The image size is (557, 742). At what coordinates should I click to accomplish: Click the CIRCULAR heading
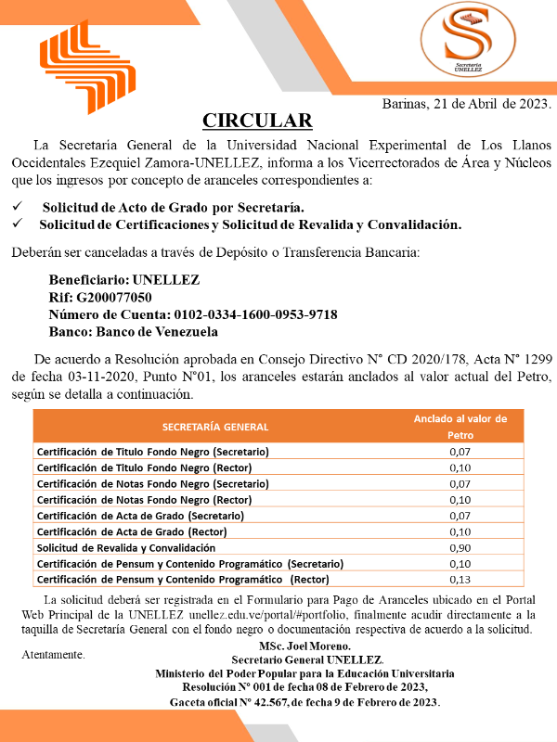click(257, 121)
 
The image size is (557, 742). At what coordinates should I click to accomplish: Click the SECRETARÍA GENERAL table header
click(214, 427)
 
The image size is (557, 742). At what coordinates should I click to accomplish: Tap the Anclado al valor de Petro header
click(460, 427)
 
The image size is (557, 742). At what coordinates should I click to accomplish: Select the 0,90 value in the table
click(460, 547)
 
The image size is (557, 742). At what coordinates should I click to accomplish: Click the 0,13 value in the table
click(460, 580)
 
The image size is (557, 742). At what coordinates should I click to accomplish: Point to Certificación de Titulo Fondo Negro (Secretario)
click(152, 451)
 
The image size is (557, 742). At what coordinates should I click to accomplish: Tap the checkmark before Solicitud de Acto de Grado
click(17, 207)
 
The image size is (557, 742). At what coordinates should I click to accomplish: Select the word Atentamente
click(52, 655)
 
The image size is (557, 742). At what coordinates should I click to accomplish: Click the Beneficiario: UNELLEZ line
click(123, 280)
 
